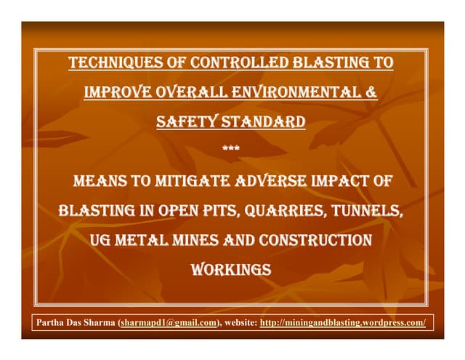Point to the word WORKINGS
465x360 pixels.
tap(231, 270)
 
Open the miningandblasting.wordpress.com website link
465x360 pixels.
tap(342, 323)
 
